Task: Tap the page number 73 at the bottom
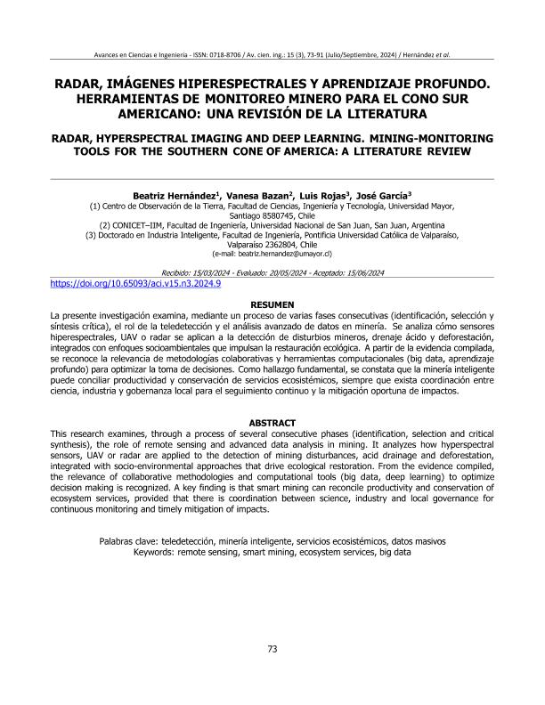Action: pyautogui.click(x=272, y=648)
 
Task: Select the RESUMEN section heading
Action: pyautogui.click(x=272, y=304)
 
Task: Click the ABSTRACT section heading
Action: pyautogui.click(x=272, y=423)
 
